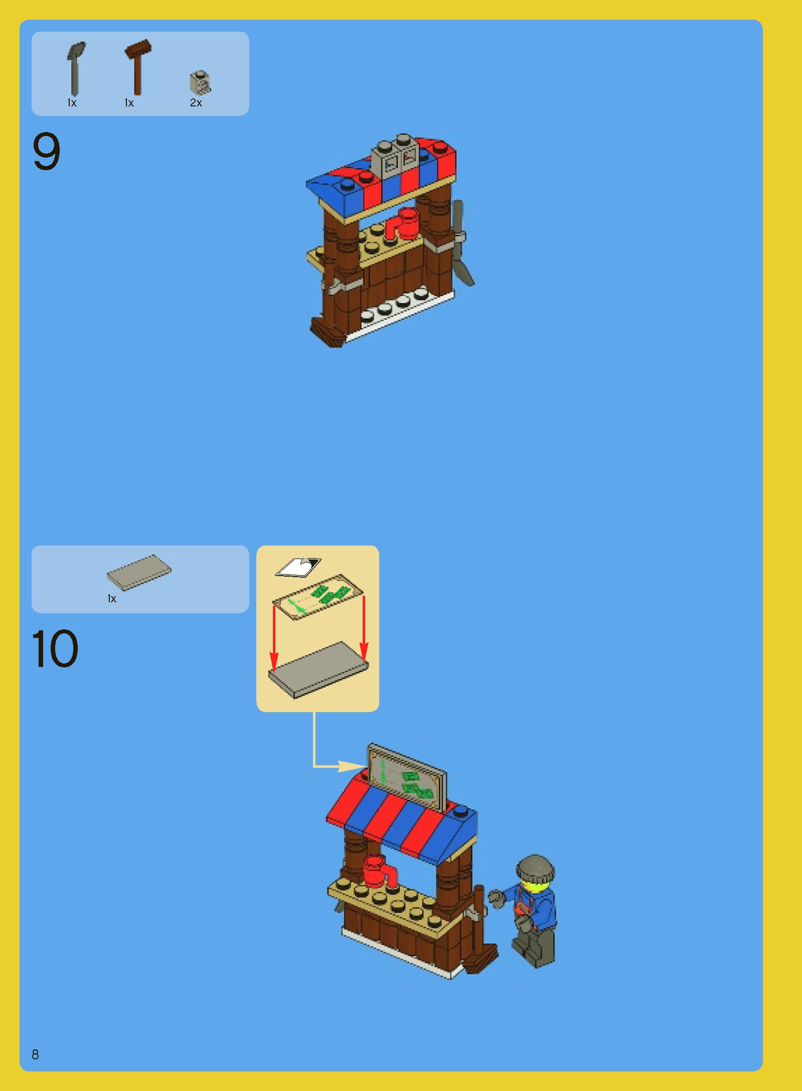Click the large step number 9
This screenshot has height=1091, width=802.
[x=46, y=151]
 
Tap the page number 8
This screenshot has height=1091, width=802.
[x=35, y=1054]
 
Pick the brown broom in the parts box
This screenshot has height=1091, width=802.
[x=137, y=67]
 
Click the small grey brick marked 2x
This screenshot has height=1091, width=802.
[x=200, y=82]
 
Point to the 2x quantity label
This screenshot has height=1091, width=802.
[x=196, y=103]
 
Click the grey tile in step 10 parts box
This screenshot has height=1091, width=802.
[x=139, y=572]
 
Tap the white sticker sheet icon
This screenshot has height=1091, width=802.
[x=298, y=568]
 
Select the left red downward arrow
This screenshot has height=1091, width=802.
[x=273, y=636]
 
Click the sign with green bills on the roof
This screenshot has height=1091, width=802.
[x=407, y=778]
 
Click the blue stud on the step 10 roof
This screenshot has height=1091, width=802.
[x=460, y=809]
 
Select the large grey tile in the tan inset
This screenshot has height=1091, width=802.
[x=318, y=669]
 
